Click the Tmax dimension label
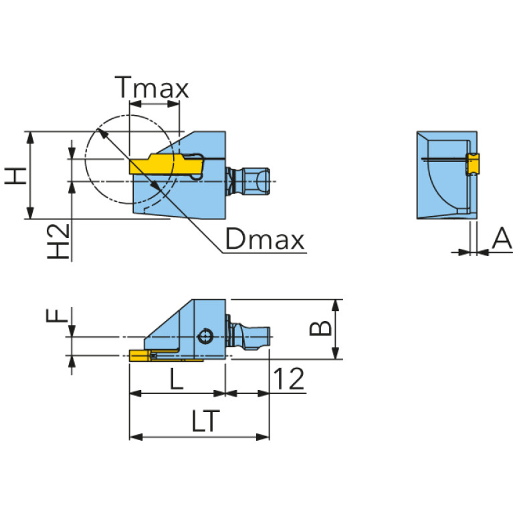(x=152, y=88)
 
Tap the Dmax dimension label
(x=264, y=239)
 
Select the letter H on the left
(x=15, y=175)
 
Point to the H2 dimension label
(x=59, y=242)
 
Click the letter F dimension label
(x=60, y=314)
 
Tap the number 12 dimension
(x=289, y=379)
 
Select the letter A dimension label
(x=501, y=239)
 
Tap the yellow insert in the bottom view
(x=140, y=354)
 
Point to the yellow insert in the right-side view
(x=473, y=163)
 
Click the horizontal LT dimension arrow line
(x=199, y=437)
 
